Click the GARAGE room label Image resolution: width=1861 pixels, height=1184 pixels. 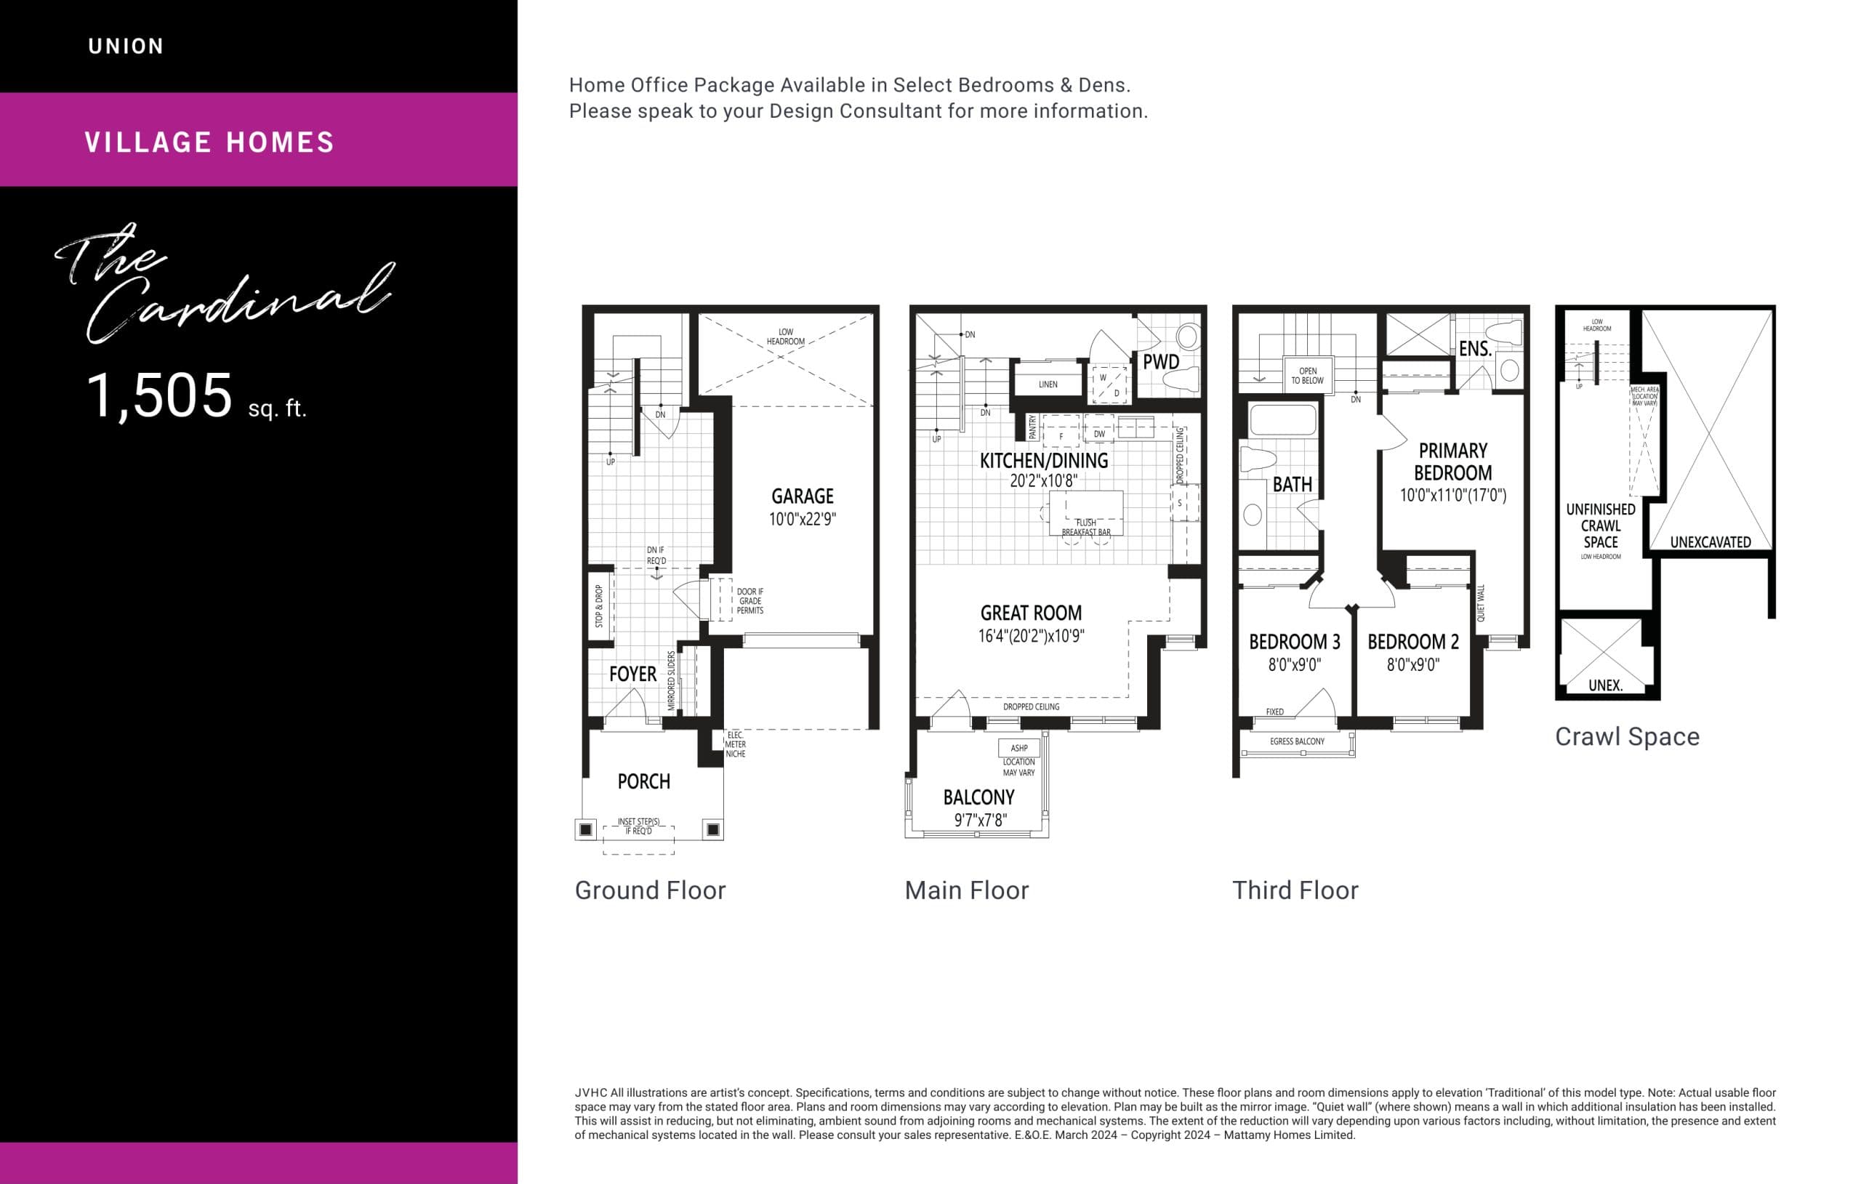coord(803,496)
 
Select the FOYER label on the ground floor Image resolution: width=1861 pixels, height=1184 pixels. coord(632,674)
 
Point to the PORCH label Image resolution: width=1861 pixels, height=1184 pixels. coord(644,781)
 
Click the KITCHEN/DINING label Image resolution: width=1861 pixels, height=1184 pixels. coord(1043,461)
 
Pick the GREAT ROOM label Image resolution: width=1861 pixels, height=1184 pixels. coord(1031,613)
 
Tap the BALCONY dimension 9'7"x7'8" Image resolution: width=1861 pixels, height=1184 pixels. coord(980,820)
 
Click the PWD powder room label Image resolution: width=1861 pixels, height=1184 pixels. coord(1160,362)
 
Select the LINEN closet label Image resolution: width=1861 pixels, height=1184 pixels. coord(1048,384)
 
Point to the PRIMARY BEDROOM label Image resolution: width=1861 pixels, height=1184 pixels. coord(1453,462)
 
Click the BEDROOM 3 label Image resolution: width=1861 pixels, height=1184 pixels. coord(1295,642)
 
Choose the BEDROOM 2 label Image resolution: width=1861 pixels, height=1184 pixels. coord(1412,642)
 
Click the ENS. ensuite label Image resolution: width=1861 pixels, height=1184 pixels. coord(1474,349)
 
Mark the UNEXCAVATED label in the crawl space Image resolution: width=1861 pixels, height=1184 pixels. coord(1711,542)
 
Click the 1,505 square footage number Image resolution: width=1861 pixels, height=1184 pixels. coord(159,395)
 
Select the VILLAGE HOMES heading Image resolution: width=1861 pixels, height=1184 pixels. coord(209,142)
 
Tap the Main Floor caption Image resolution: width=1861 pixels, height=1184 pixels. coord(966,890)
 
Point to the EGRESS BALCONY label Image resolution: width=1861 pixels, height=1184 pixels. coord(1297,741)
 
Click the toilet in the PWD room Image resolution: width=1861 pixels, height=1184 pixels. coord(1179,379)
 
